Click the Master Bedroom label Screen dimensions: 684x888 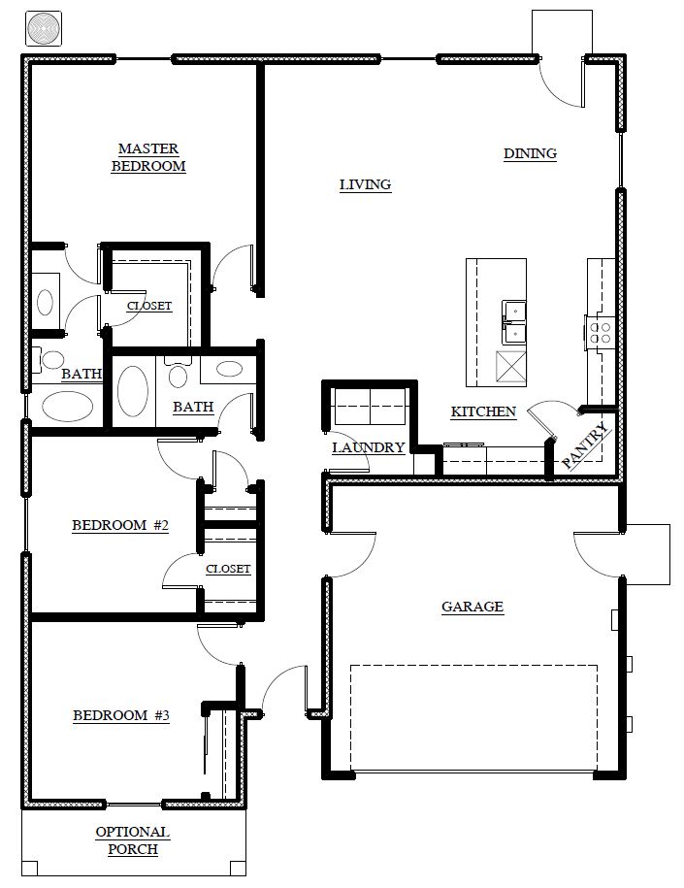pyautogui.click(x=148, y=157)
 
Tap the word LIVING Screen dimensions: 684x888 pyautogui.click(x=365, y=184)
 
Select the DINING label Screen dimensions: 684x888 pyautogui.click(x=530, y=153)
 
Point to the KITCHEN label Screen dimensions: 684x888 pyautogui.click(x=483, y=411)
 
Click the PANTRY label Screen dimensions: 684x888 pyautogui.click(x=587, y=446)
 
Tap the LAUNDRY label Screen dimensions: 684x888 pyautogui.click(x=368, y=447)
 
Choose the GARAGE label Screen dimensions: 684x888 pyautogui.click(x=472, y=608)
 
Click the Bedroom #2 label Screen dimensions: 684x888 pyautogui.click(x=120, y=526)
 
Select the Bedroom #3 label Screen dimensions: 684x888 pyautogui.click(x=121, y=716)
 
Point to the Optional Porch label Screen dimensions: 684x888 pyautogui.click(x=133, y=841)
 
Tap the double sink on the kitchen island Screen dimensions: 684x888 pyautogui.click(x=513, y=323)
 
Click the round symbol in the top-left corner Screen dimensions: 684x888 pyautogui.click(x=44, y=28)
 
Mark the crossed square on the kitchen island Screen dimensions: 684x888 pyautogui.click(x=510, y=368)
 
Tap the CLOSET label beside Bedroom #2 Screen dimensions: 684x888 pyautogui.click(x=228, y=569)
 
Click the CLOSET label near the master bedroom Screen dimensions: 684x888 pyautogui.click(x=148, y=306)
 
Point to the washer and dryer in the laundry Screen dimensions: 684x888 pyautogui.click(x=370, y=407)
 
